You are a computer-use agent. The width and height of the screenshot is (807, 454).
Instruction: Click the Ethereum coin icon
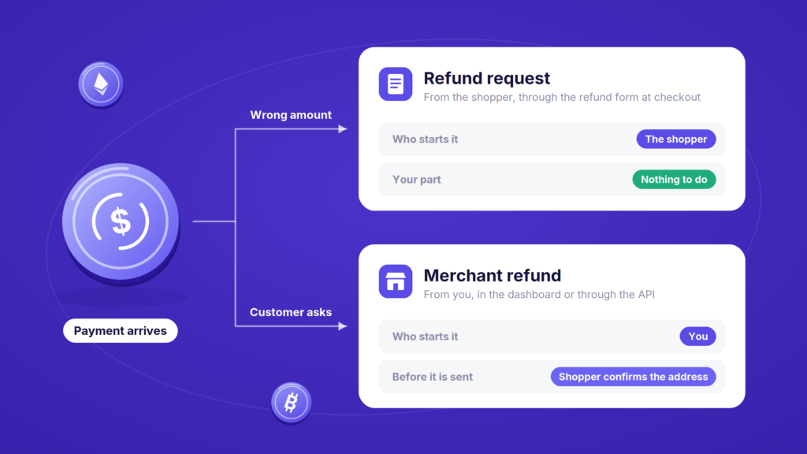pyautogui.click(x=101, y=84)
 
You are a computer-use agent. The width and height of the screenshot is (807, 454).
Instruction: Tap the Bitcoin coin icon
pyautogui.click(x=292, y=403)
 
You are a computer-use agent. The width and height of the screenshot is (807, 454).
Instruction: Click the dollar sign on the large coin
pyautogui.click(x=121, y=221)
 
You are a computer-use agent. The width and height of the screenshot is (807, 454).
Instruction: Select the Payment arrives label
pyautogui.click(x=121, y=330)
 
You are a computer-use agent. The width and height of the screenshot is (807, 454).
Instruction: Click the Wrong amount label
pyautogui.click(x=291, y=115)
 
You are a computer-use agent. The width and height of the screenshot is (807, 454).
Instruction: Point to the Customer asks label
pyautogui.click(x=291, y=312)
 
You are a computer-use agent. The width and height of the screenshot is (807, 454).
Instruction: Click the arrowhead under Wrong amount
pyautogui.click(x=343, y=128)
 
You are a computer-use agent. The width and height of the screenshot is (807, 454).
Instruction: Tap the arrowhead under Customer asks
pyautogui.click(x=343, y=326)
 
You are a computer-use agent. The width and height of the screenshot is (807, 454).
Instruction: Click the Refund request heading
pyautogui.click(x=486, y=78)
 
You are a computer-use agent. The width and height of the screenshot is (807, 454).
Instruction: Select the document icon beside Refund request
pyautogui.click(x=396, y=84)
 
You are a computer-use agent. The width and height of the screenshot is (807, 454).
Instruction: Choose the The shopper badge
pyautogui.click(x=675, y=139)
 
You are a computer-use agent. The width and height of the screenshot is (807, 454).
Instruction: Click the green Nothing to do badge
pyautogui.click(x=674, y=180)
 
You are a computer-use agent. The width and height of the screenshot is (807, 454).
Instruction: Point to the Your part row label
pyautogui.click(x=416, y=180)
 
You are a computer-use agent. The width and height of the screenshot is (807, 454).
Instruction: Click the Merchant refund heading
pyautogui.click(x=492, y=275)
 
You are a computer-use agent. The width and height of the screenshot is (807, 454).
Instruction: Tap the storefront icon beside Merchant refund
pyautogui.click(x=396, y=281)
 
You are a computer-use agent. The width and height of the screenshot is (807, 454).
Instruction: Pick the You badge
pyautogui.click(x=698, y=336)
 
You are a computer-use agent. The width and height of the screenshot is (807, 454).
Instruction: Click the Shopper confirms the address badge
pyautogui.click(x=633, y=377)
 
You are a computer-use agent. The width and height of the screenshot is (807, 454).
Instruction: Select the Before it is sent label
pyautogui.click(x=433, y=377)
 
